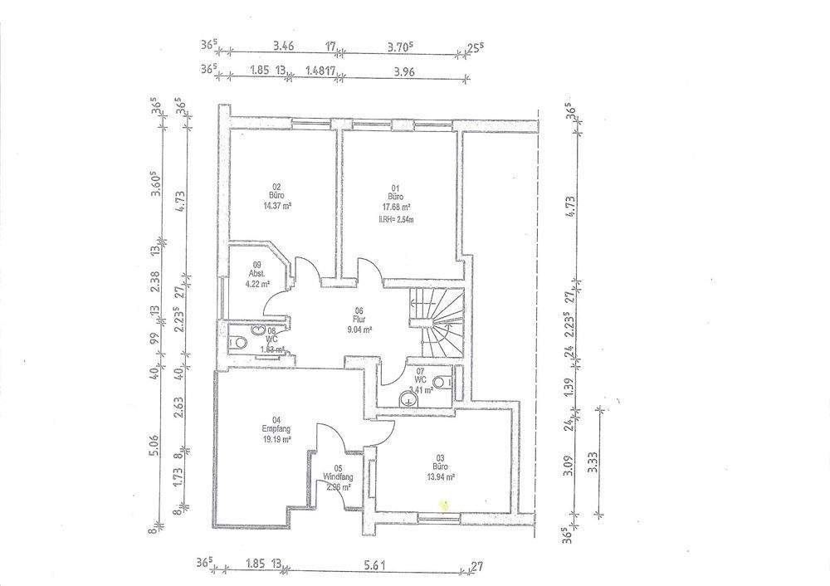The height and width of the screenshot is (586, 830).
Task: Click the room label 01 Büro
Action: tap(395, 193)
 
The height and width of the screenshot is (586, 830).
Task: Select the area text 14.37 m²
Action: tap(276, 206)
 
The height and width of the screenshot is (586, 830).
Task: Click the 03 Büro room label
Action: tap(441, 462)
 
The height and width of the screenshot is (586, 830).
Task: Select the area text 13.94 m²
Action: tap(441, 477)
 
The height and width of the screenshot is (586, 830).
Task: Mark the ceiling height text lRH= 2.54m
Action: tap(396, 220)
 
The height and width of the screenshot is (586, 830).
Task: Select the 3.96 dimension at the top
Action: tap(401, 71)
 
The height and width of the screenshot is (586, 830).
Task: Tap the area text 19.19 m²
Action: tap(276, 440)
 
